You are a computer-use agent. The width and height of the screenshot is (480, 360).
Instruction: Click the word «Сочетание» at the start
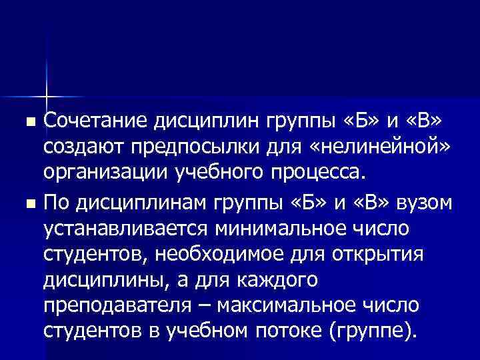97,122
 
